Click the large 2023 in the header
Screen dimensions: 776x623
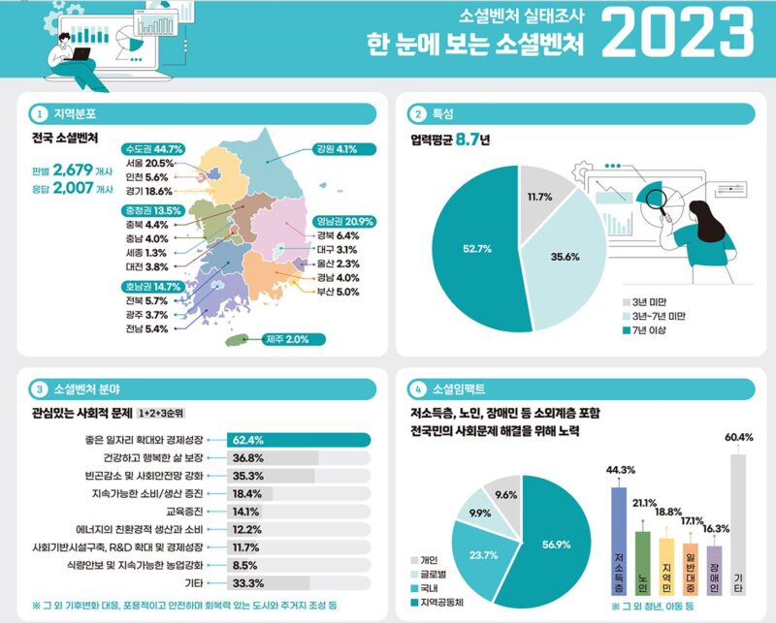pos(677,33)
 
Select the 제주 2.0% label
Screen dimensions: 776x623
pos(294,340)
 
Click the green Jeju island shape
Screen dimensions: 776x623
pos(237,340)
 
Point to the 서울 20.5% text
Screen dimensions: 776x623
pos(149,163)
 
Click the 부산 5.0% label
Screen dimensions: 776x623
pos(338,292)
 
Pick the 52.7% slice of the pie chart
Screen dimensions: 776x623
pos(475,249)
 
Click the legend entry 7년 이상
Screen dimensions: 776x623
pos(644,329)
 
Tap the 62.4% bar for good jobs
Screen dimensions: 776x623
pos(299,440)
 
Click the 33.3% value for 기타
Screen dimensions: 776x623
pos(248,583)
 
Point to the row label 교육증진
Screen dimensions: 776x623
pos(184,512)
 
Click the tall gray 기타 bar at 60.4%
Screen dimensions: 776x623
pos(738,525)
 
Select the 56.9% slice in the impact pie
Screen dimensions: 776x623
pos(554,544)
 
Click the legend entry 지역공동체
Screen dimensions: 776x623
pos(437,603)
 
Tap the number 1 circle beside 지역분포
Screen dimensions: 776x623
pos(39,114)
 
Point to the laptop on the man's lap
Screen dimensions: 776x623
pos(81,54)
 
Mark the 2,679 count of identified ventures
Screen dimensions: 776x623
pos(73,171)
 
